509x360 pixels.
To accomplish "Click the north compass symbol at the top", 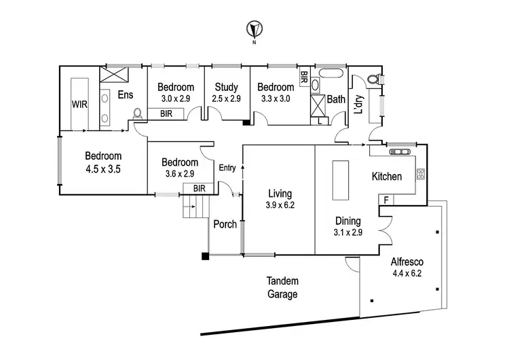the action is (254, 30).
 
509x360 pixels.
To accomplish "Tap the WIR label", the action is (81, 105).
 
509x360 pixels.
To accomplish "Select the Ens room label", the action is (126, 95).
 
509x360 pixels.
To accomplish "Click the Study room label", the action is (226, 87).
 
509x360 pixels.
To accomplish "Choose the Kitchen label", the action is (387, 177).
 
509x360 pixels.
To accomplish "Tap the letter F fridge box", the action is (385, 200).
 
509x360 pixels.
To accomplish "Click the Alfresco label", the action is (407, 262).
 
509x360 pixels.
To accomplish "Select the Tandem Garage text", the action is (282, 287).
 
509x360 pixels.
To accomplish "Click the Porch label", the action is (225, 224).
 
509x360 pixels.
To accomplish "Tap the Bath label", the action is (336, 99).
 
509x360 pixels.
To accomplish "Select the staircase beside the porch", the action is (194, 205).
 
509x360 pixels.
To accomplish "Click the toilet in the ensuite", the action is (138, 113).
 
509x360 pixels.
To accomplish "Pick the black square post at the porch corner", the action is (204, 257).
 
